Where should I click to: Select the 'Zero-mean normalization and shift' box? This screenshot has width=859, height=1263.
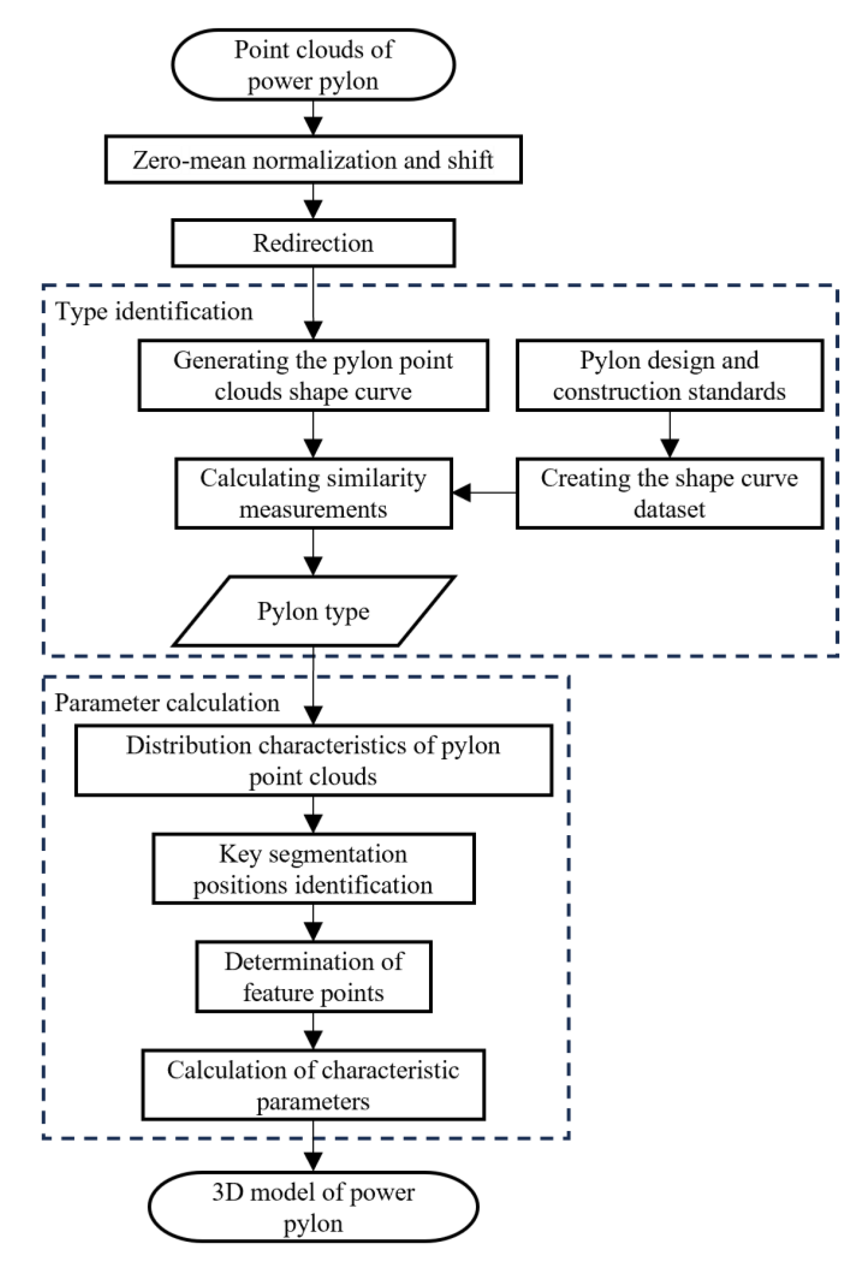click(x=313, y=160)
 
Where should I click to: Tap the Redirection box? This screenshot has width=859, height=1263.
click(x=313, y=243)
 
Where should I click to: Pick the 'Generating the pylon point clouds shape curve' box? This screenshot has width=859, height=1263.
click(x=313, y=375)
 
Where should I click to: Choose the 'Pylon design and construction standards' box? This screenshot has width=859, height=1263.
click(x=669, y=375)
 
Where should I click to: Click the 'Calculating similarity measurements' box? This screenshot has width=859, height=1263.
click(x=313, y=494)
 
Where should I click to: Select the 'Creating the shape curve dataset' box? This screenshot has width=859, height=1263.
click(x=669, y=494)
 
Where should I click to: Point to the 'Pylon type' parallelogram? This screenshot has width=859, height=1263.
click(x=313, y=611)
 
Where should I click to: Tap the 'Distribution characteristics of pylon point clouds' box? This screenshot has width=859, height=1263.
click(x=313, y=760)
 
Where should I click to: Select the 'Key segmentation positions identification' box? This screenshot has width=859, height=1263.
click(x=313, y=869)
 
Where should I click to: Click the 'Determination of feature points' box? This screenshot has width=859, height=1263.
click(x=313, y=977)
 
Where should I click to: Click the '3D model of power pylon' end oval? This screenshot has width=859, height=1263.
click(x=313, y=1207)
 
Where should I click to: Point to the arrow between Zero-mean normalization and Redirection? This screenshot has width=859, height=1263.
click(x=313, y=201)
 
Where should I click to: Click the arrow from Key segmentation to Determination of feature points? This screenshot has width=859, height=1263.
click(x=313, y=922)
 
